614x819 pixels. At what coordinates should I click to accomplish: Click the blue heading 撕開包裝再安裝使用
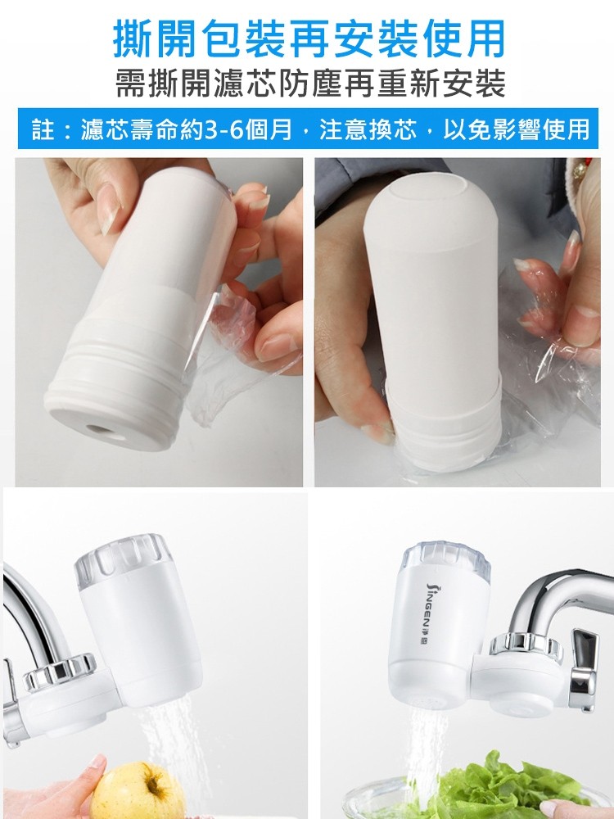pos(309,38)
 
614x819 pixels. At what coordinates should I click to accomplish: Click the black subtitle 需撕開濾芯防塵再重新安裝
pos(310,84)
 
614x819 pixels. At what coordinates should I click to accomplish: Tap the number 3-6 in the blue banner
pos(224,129)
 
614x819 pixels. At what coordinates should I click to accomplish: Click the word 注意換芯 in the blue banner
pos(368,129)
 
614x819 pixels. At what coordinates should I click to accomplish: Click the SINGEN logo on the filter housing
pos(431,613)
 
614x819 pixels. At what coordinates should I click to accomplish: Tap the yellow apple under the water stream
pos(138,790)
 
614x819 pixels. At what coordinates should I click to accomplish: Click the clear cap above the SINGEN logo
pos(446,559)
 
